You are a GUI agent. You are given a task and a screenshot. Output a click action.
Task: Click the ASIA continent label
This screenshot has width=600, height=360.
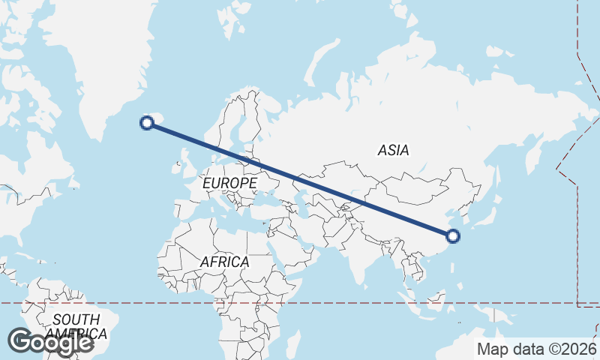tap(394, 150)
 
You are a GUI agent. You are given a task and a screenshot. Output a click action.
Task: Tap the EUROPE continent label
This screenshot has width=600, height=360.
tap(229, 182)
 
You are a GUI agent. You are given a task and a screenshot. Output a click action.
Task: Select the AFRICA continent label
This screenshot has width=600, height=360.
tap(224, 262)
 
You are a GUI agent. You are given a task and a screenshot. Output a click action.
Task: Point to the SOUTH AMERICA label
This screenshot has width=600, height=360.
tap(76, 326)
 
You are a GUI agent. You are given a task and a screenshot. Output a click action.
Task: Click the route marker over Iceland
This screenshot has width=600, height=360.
tap(148, 123)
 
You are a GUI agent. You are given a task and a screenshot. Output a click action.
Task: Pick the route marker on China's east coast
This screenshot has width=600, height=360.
tap(452, 236)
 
